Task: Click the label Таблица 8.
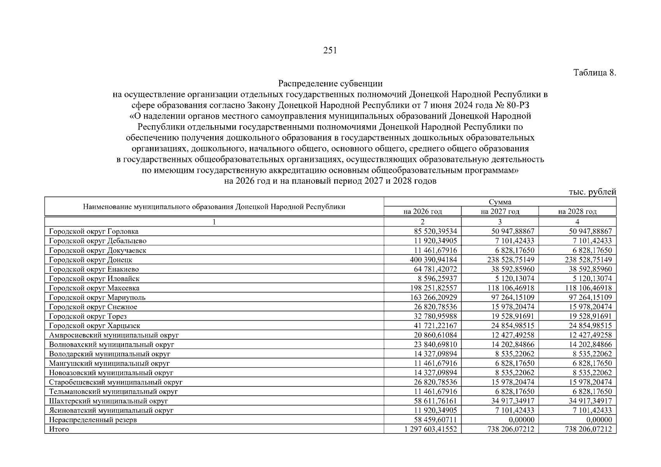(x=595, y=73)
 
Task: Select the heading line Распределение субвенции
(x=330, y=84)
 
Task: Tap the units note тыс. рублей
(x=592, y=191)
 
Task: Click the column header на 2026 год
(x=423, y=211)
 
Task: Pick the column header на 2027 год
(x=500, y=211)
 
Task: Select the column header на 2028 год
(x=577, y=211)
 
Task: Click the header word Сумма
(x=500, y=202)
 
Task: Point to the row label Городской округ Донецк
(x=91, y=260)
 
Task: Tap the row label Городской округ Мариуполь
(x=97, y=298)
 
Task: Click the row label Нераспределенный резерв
(x=93, y=420)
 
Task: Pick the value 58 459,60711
(x=435, y=420)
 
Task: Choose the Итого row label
(x=59, y=429)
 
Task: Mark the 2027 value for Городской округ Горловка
(x=511, y=232)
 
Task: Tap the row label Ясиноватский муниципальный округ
(x=111, y=411)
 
